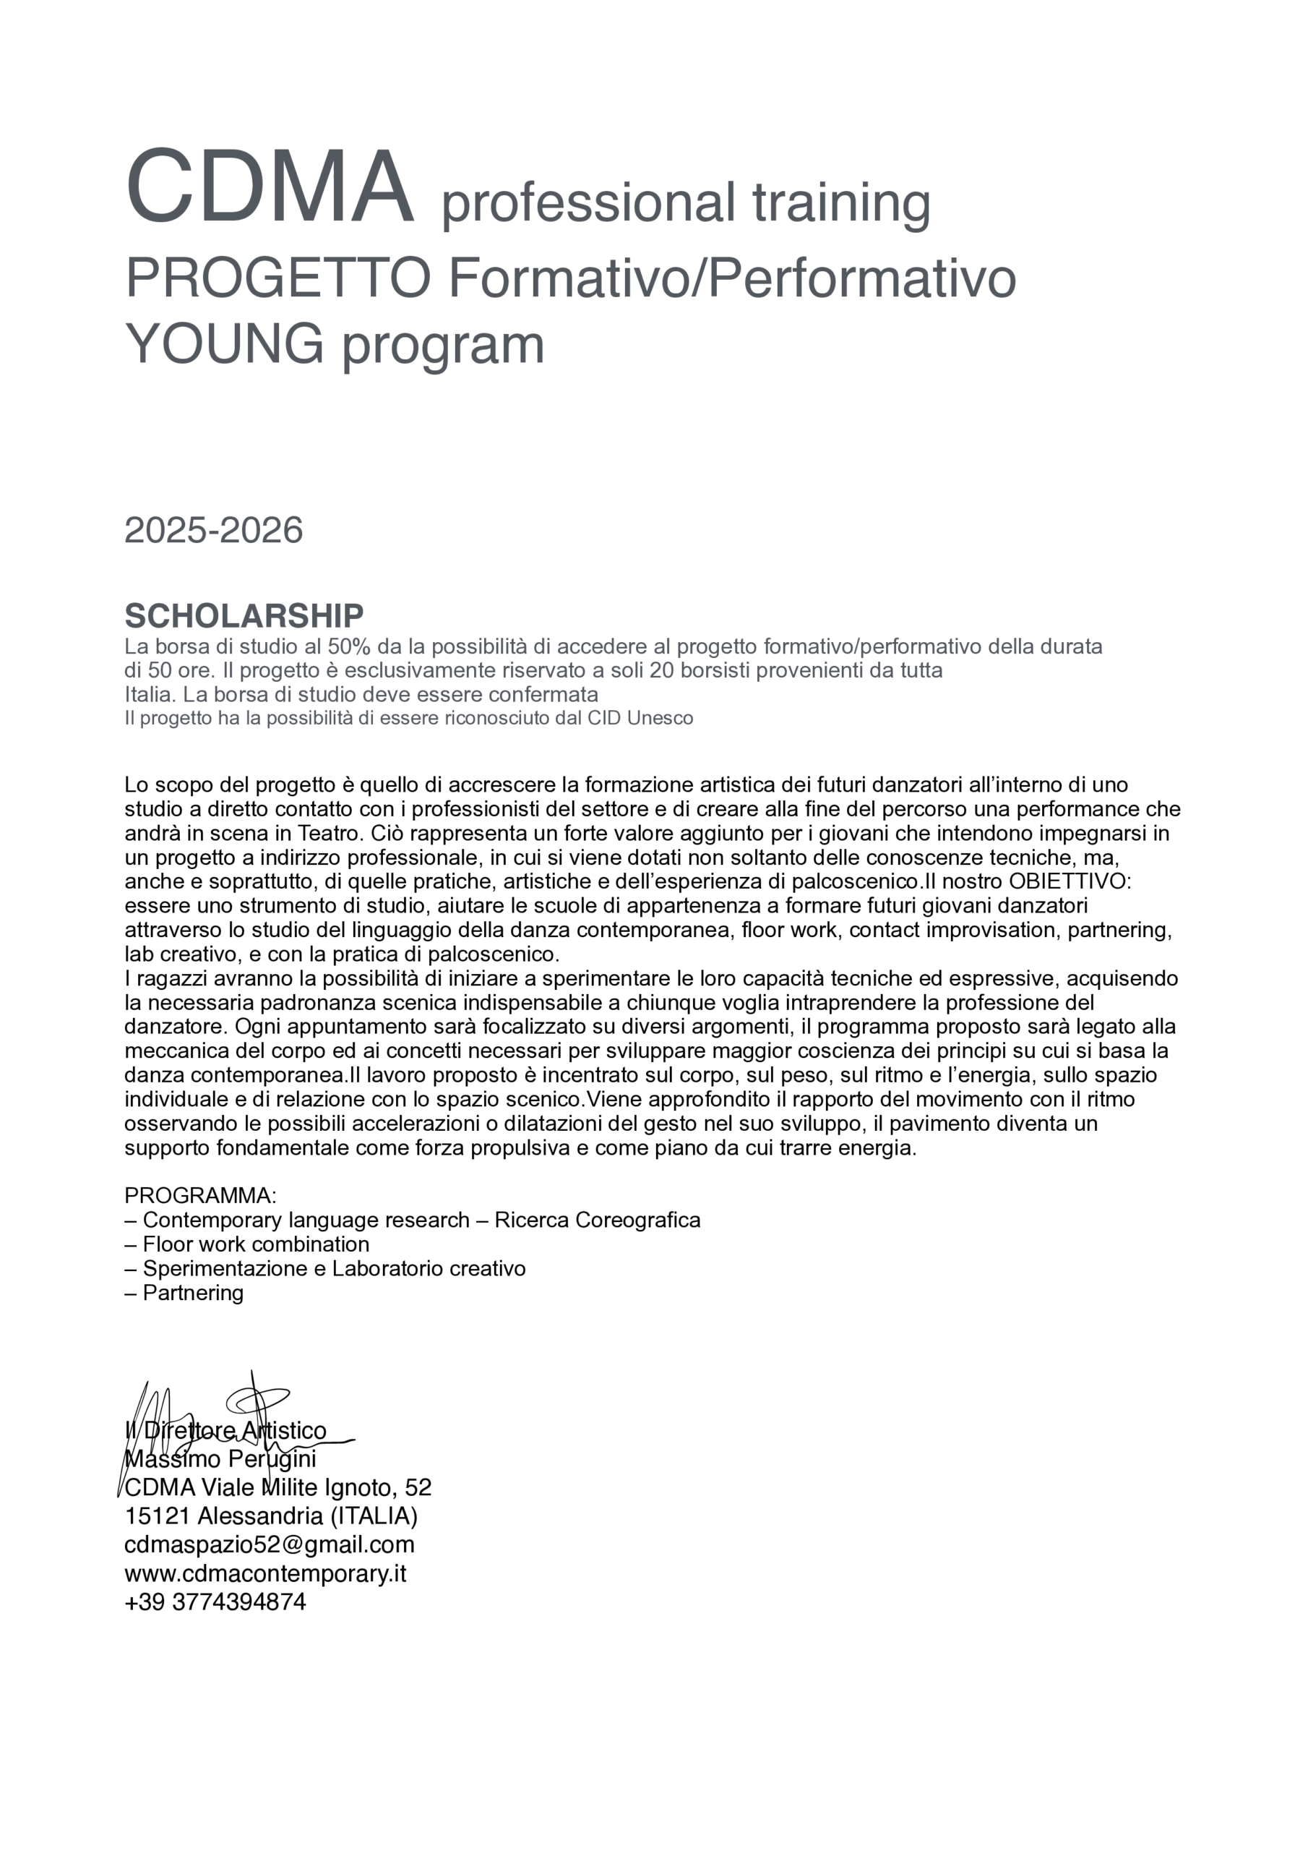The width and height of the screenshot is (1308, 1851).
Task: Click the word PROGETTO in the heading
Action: [278, 278]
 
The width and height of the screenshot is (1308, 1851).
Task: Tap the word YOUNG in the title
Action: [224, 344]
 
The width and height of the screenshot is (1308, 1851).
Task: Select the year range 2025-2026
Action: [214, 531]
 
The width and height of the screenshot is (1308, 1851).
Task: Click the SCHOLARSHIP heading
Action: [244, 616]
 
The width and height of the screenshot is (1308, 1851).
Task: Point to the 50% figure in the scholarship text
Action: [348, 646]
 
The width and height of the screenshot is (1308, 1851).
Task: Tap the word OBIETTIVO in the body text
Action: [1070, 881]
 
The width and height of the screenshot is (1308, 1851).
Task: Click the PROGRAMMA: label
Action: [201, 1196]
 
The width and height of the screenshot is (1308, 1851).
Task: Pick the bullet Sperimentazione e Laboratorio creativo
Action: [334, 1268]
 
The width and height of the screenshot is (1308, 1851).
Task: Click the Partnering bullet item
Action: [193, 1292]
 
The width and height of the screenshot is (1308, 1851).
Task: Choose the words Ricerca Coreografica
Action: [597, 1220]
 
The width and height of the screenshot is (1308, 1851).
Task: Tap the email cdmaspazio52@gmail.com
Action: [269, 1544]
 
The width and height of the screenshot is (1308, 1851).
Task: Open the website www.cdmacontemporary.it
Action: [265, 1573]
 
